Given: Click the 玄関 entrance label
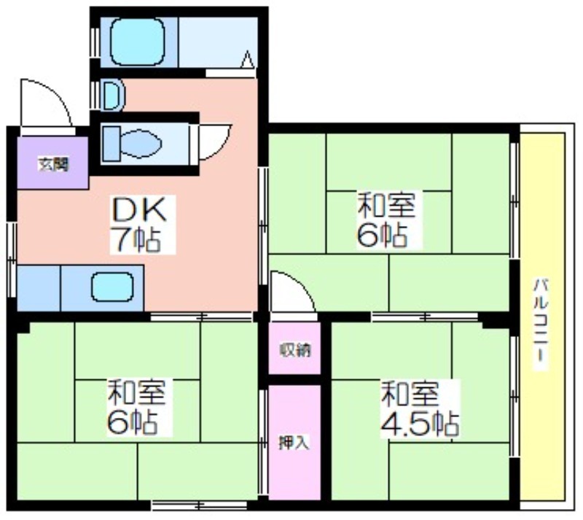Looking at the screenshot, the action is (54, 164).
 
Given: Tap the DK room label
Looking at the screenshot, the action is (139, 210).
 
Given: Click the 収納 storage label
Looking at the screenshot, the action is (295, 350).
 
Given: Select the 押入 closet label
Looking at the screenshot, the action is (294, 443).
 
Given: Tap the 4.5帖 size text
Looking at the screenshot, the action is (419, 424).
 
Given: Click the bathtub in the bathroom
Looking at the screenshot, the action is (138, 42).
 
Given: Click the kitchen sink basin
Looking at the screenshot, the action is (112, 287).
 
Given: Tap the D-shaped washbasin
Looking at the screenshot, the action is (114, 95).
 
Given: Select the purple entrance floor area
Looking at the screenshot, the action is (52, 163).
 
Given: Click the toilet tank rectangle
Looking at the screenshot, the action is (111, 143).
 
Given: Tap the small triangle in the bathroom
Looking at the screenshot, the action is (247, 60).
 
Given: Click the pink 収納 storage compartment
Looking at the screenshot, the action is (294, 348).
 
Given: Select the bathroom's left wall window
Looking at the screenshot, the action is (95, 42).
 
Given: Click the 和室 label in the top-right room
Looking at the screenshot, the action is (386, 204).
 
